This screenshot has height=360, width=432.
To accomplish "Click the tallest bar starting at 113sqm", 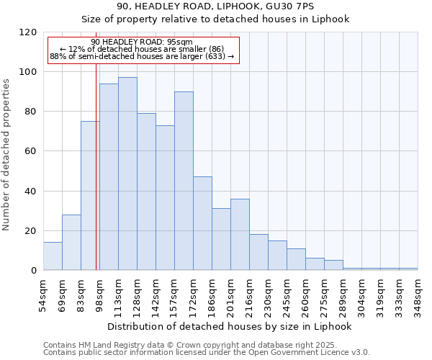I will click(127, 174).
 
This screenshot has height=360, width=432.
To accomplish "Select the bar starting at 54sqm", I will click(53, 256).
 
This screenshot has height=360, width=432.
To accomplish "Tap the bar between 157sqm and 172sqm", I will click(184, 181).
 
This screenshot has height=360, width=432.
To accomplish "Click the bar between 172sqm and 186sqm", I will click(202, 223).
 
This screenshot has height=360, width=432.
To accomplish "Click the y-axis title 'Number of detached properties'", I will click(7, 155).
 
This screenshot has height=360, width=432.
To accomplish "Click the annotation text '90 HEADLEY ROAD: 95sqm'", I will click(143, 42).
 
